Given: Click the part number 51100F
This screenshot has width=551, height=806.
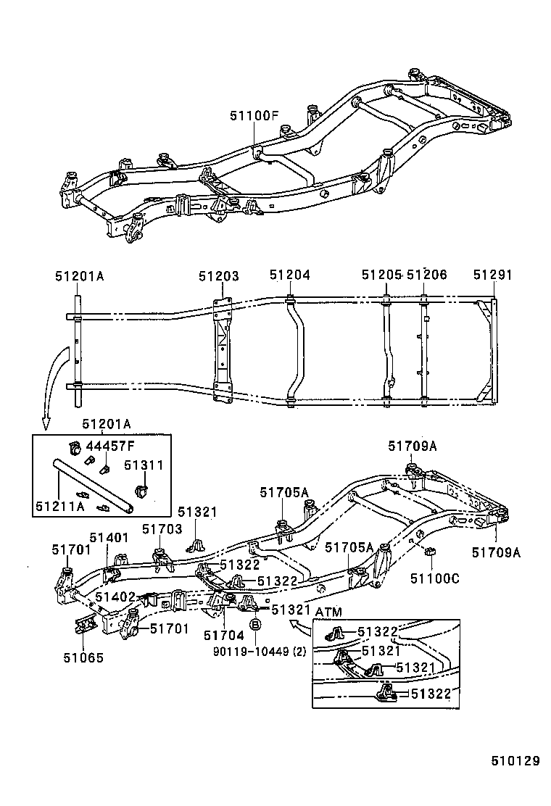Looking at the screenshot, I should click(254, 115).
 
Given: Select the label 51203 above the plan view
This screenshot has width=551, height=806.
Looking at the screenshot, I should click(219, 275).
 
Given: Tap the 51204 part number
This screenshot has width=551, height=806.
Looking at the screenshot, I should click(290, 275).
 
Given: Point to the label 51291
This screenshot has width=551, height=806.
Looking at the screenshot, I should click(493, 275).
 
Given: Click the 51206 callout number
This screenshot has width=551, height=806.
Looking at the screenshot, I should click(427, 275).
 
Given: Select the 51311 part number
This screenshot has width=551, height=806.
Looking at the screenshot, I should click(144, 466).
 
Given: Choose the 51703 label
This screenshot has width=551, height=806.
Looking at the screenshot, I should click(162, 530).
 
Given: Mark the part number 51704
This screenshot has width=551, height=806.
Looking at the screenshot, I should click(218, 635).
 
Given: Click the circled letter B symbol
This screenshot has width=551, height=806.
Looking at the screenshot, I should click(255, 624).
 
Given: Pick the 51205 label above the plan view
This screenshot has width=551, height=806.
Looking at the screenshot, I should click(381, 275).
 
